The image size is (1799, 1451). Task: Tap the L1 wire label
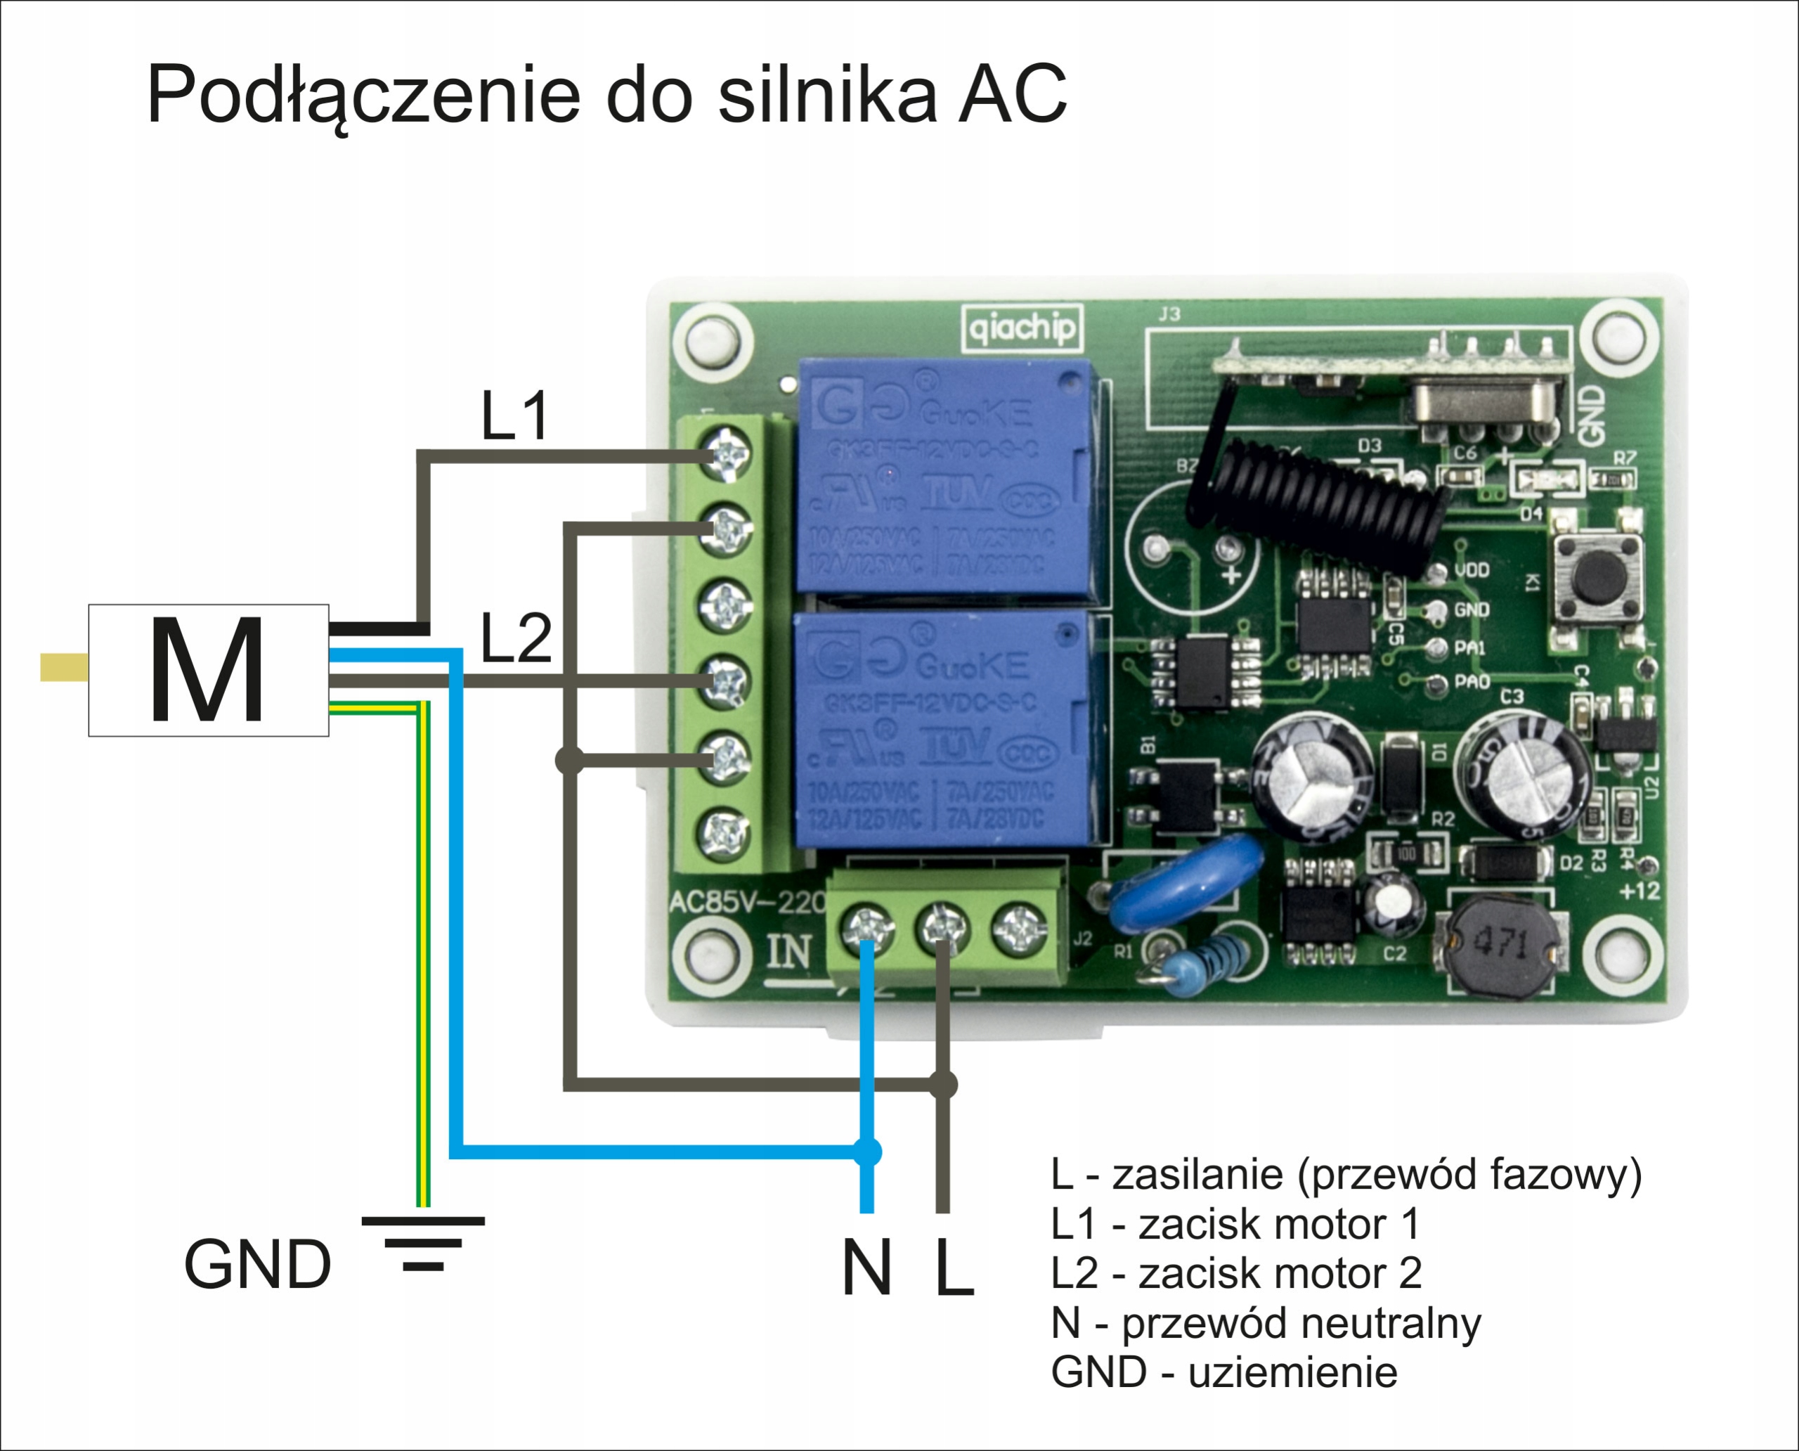(514, 415)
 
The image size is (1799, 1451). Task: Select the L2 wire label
(516, 638)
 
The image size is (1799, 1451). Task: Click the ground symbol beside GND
(423, 1244)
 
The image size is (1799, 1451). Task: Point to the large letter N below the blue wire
(866, 1268)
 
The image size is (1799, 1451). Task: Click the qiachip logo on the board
(1022, 328)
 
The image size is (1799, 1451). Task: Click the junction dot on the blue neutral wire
(867, 1152)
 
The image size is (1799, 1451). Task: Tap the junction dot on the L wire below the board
(943, 1085)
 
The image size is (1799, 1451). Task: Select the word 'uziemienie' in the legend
(1292, 1372)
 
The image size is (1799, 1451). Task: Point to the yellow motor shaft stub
(65, 667)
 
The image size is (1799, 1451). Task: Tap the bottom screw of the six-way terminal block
(725, 832)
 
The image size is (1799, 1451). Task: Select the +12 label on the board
(1639, 891)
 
